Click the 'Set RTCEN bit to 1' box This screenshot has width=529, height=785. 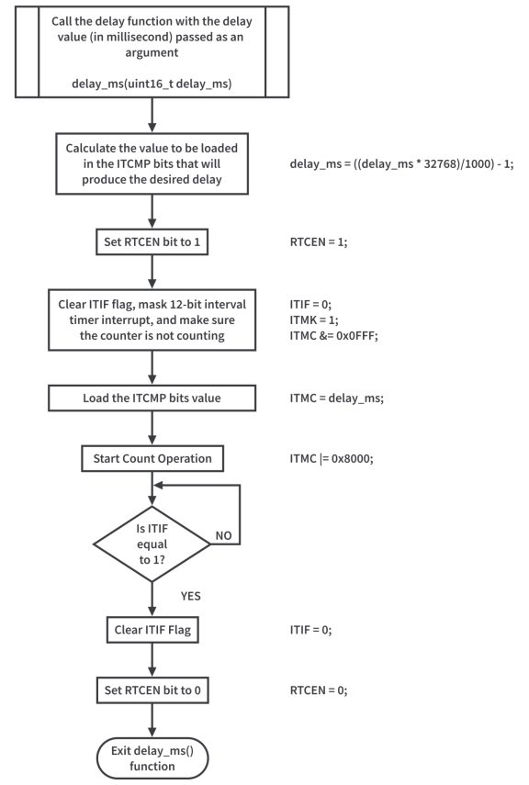pyautogui.click(x=152, y=242)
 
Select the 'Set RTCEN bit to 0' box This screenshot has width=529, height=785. pyautogui.click(x=152, y=690)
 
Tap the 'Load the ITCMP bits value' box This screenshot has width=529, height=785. pyautogui.click(x=152, y=398)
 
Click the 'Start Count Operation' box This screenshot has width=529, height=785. pyautogui.click(x=152, y=457)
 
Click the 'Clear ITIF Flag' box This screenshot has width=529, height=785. pyautogui.click(x=152, y=630)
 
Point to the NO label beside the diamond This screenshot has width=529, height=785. pyautogui.click(x=223, y=534)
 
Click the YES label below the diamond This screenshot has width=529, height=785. pyautogui.click(x=190, y=595)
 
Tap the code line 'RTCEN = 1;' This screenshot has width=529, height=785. pyautogui.click(x=318, y=242)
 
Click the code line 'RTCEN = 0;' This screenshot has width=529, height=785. pyautogui.click(x=318, y=690)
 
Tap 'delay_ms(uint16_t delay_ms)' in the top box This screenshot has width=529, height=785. pyautogui.click(x=152, y=83)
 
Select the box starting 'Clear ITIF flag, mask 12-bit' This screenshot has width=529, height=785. pyautogui.click(x=152, y=319)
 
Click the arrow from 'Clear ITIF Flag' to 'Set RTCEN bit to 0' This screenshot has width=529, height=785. pyautogui.click(x=152, y=659)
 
